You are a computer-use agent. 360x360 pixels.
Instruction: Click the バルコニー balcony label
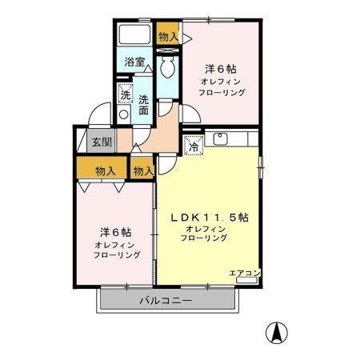(x=166, y=301)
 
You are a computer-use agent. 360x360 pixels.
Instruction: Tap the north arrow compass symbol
(x=277, y=333)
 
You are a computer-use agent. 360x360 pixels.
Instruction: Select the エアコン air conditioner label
(x=245, y=273)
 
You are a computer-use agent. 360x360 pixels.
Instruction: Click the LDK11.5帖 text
(x=210, y=218)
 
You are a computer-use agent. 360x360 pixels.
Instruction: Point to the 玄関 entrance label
(x=102, y=142)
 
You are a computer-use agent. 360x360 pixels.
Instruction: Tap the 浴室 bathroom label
(x=134, y=62)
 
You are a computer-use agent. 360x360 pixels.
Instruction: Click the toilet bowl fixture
(x=167, y=66)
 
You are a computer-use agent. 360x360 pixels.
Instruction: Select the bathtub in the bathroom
(x=134, y=34)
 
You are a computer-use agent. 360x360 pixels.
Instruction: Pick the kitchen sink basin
(x=220, y=139)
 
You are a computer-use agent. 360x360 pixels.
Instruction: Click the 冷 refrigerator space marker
(x=194, y=146)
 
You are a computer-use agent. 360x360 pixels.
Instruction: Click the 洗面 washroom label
(x=143, y=106)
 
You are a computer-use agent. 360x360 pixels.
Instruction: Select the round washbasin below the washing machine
(x=124, y=114)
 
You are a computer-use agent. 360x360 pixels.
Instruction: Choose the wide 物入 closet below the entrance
(x=102, y=167)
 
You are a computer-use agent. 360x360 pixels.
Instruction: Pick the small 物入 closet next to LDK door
(x=142, y=168)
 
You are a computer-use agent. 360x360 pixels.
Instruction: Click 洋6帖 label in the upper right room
(x=221, y=69)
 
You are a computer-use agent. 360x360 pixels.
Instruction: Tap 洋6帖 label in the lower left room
(x=116, y=233)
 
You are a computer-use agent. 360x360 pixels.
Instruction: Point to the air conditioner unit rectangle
(x=246, y=280)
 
